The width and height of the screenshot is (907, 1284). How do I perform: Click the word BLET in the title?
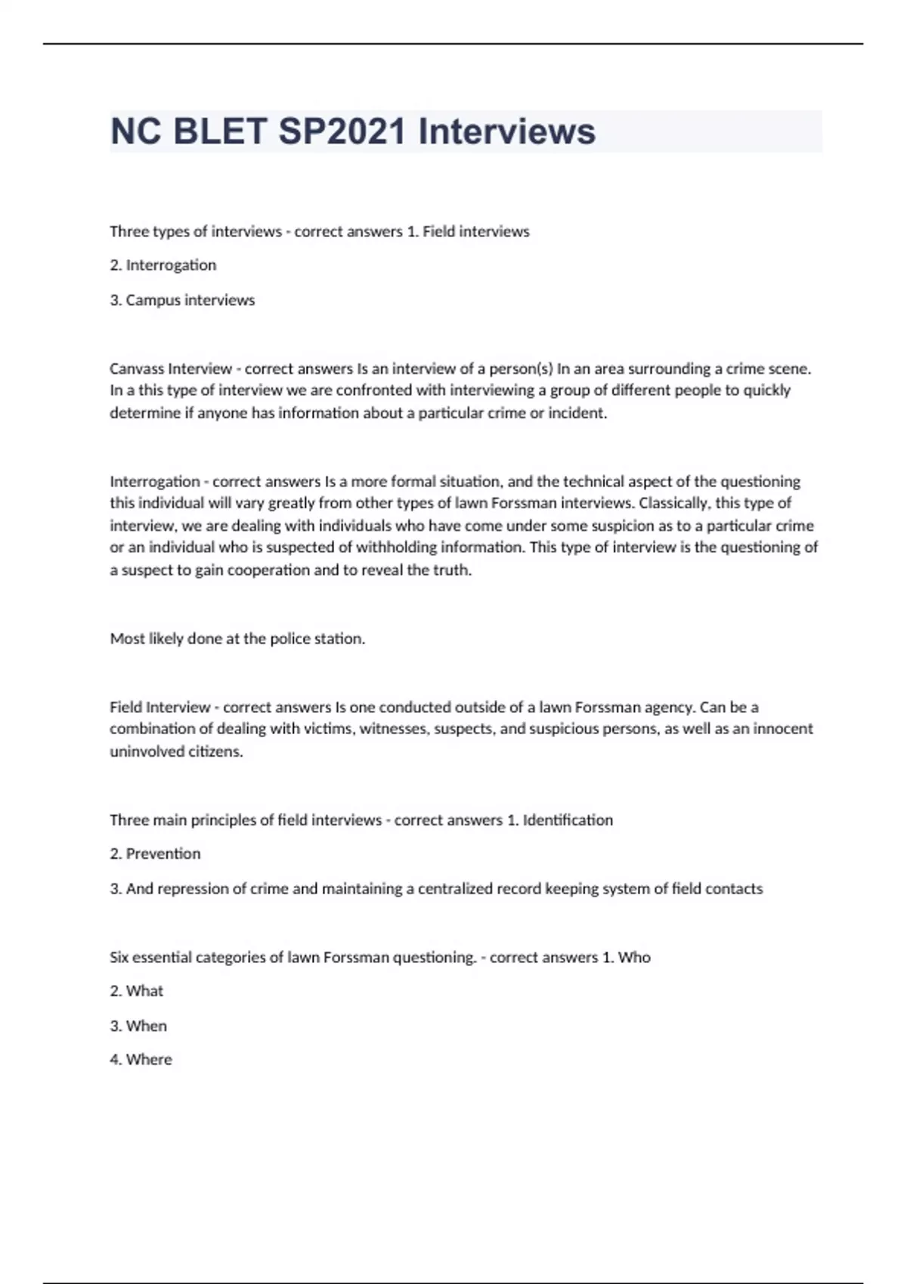click(x=220, y=131)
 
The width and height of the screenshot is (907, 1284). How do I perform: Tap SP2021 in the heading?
click(x=342, y=131)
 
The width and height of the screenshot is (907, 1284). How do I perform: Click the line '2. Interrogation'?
click(x=163, y=265)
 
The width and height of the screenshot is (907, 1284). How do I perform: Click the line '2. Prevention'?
click(x=155, y=853)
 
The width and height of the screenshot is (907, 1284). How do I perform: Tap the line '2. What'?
click(x=137, y=991)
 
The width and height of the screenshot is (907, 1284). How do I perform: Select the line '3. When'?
click(x=138, y=1026)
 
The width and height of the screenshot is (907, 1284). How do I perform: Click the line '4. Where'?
click(x=141, y=1059)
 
